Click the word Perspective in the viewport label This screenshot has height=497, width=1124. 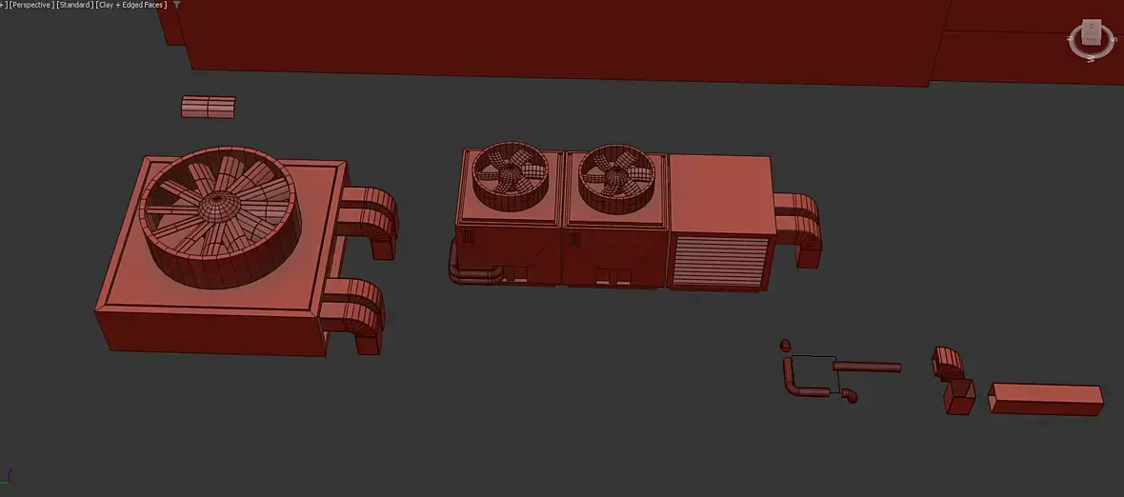click(31, 5)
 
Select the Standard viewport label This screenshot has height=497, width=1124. click(74, 5)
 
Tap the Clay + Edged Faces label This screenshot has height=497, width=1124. click(131, 5)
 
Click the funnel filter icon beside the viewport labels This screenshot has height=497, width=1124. click(177, 5)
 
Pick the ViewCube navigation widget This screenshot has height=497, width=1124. click(1091, 39)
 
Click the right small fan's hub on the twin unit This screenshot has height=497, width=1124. click(615, 176)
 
